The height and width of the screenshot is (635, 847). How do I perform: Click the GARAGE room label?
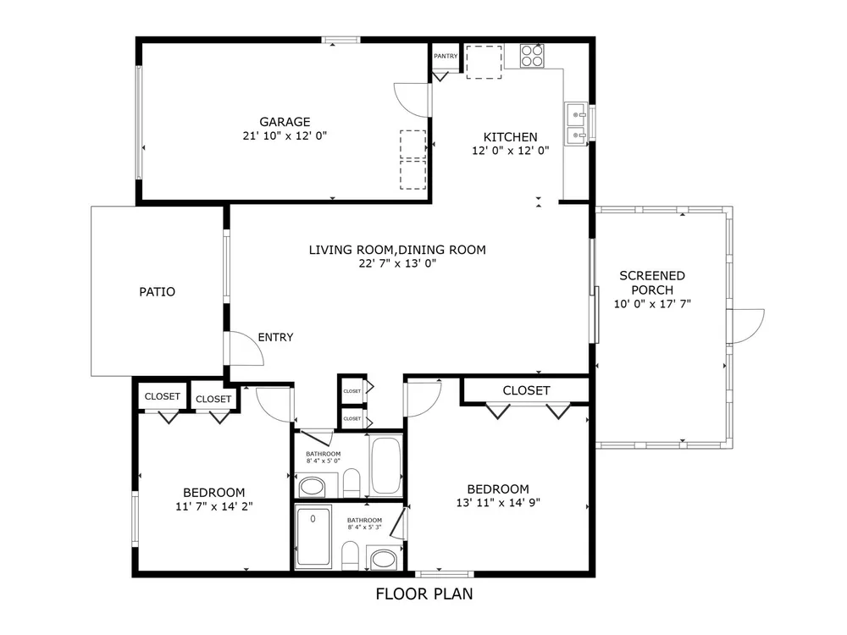click(285, 122)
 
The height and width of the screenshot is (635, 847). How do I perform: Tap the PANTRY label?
click(446, 56)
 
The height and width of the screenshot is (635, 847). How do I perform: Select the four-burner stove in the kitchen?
click(532, 56)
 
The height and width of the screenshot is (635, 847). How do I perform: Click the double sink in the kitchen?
click(576, 124)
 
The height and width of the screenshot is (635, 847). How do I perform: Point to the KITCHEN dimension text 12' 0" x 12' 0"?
click(511, 151)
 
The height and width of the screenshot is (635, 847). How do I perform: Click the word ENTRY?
click(275, 338)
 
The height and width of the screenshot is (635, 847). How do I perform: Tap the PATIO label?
click(158, 292)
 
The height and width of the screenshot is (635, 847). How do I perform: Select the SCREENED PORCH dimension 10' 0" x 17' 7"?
click(652, 304)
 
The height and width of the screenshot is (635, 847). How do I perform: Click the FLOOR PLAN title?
click(424, 594)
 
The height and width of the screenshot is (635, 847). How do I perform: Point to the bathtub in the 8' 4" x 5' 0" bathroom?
click(385, 465)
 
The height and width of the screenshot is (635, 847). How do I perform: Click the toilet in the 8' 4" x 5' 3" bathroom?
click(350, 555)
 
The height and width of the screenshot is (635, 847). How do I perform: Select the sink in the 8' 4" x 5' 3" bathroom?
click(383, 558)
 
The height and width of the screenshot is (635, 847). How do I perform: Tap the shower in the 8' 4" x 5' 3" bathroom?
click(313, 537)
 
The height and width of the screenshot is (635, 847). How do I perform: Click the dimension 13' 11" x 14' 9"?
click(498, 503)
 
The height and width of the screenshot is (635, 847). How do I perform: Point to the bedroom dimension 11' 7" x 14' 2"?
click(214, 506)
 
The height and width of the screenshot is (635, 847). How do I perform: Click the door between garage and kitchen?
click(413, 100)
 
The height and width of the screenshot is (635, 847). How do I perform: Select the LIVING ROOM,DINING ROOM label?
click(397, 250)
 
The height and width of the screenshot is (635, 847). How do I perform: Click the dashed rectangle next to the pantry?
click(484, 62)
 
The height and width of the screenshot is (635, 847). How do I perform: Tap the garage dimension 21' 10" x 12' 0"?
click(285, 135)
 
